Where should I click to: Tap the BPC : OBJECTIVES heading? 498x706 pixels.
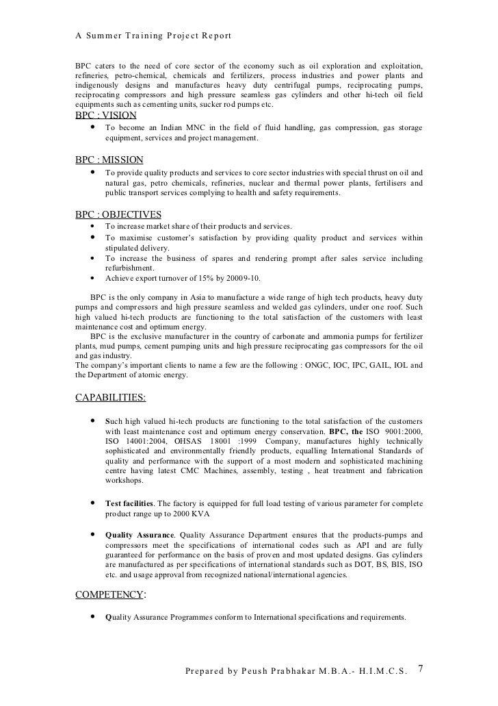click(118, 214)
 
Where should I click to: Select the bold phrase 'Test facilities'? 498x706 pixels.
click(129, 503)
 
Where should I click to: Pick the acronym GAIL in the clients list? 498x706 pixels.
click(390, 364)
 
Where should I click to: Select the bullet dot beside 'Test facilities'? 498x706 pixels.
click(92, 503)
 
